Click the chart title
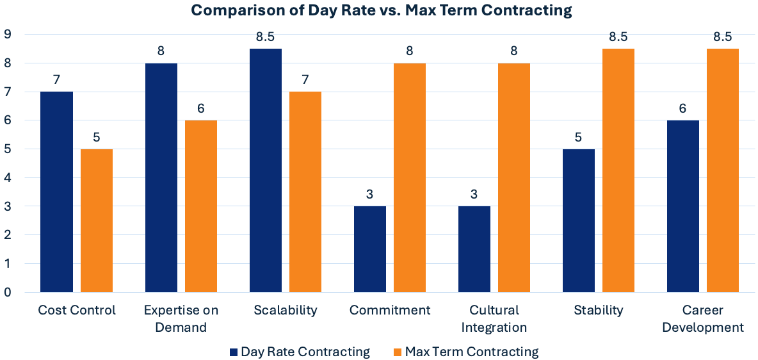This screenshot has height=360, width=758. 381,11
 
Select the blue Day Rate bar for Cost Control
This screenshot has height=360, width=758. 56,192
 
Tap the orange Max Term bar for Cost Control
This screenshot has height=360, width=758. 97,220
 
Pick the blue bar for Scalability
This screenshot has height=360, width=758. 265,170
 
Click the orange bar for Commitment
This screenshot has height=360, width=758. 410,177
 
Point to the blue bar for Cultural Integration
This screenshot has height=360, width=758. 474,249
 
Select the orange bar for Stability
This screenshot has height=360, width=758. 618,170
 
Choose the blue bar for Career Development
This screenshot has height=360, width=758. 682,206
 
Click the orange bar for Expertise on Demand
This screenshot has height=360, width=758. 201,206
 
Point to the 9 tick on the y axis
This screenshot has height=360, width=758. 8,34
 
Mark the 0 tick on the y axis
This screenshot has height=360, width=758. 8,292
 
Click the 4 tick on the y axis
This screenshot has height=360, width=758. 8,177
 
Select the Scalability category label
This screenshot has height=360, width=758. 285,311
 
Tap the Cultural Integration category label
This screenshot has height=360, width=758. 494,319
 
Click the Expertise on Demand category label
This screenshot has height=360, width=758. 181,319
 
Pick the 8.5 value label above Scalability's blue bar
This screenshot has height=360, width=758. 265,37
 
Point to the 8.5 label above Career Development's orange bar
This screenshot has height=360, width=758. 722,37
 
